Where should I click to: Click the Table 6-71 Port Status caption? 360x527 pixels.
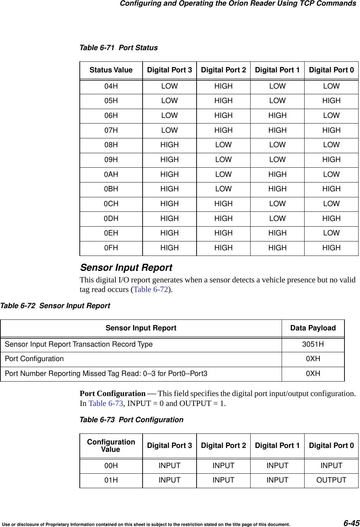pyautogui.click(x=119, y=48)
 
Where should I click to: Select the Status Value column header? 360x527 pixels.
pyautogui.click(x=111, y=70)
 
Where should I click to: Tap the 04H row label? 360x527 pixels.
pyautogui.click(x=111, y=86)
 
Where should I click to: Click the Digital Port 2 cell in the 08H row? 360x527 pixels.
pyautogui.click(x=223, y=145)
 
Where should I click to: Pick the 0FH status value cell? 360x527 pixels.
pyautogui.click(x=111, y=248)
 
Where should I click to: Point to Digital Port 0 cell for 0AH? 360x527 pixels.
pyautogui.click(x=331, y=174)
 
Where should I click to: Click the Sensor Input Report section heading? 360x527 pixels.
pyautogui.click(x=126, y=268)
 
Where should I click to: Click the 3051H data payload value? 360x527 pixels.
pyautogui.click(x=313, y=344)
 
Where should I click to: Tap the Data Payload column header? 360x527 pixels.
pyautogui.click(x=313, y=328)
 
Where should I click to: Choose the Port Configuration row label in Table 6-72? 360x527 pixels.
pyautogui.click(x=34, y=359)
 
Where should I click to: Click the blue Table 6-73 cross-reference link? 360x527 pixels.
pyautogui.click(x=106, y=403)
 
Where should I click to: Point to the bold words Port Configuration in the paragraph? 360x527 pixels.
pyautogui.click(x=113, y=393)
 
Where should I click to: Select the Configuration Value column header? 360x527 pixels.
pyautogui.click(x=111, y=445)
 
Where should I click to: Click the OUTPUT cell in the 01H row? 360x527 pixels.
pyautogui.click(x=331, y=480)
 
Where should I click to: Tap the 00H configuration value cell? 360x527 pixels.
pyautogui.click(x=111, y=466)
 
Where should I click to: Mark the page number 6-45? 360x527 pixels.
pyautogui.click(x=352, y=523)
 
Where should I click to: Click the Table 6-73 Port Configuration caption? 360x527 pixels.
pyautogui.click(x=131, y=420)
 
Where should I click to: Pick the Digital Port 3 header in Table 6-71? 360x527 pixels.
pyautogui.click(x=169, y=70)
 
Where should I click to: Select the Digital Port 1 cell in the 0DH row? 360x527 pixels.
pyautogui.click(x=277, y=218)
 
